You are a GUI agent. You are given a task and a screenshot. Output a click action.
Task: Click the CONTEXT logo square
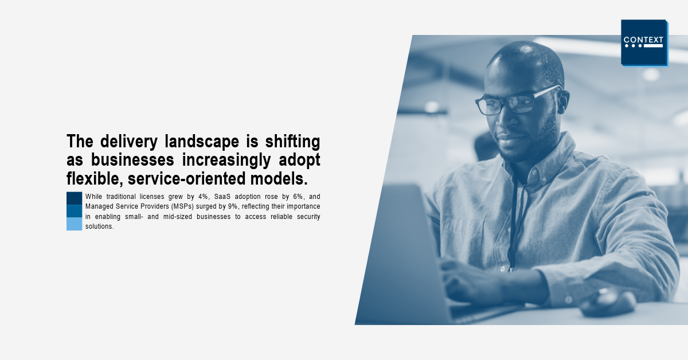tap(644, 42)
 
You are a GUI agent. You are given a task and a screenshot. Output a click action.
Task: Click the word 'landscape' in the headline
tap(202, 142)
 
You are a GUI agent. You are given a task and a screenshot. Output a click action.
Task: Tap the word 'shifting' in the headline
tap(293, 142)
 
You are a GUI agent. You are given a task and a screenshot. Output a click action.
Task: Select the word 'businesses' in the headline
tap(132, 160)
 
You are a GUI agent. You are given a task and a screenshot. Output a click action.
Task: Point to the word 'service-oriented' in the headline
tap(186, 179)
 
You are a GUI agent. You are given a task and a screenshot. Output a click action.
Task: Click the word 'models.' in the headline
tap(279, 179)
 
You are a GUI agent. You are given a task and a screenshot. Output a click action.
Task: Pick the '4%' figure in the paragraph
tap(203, 197)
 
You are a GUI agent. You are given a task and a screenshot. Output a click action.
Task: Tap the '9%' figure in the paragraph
tap(233, 206)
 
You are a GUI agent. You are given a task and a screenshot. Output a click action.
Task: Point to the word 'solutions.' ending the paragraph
tap(100, 226)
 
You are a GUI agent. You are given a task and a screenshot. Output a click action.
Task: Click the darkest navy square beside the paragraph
tap(75, 198)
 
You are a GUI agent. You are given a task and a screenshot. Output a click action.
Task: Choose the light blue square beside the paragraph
tap(75, 224)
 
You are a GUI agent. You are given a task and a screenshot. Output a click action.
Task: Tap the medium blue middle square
tap(75, 211)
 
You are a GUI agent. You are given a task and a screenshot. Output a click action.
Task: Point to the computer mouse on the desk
tap(608, 303)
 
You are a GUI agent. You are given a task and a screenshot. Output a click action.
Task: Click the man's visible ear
tap(562, 101)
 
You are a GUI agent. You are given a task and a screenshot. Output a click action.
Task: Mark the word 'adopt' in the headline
tap(299, 161)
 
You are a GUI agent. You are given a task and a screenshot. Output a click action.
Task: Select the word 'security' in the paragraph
tap(308, 217)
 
